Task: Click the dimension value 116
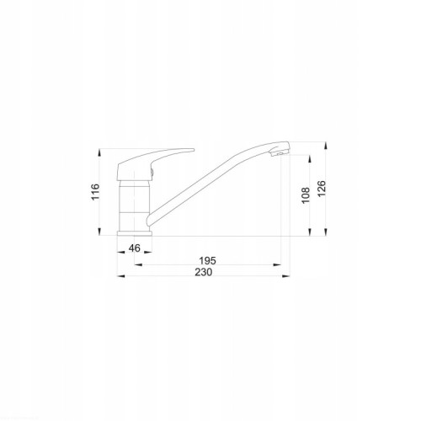click(x=96, y=192)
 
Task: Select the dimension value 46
click(x=135, y=248)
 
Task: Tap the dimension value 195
click(x=208, y=261)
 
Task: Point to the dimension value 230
click(x=204, y=272)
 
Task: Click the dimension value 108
click(x=306, y=195)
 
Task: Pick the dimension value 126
click(x=322, y=189)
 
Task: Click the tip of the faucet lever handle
click(x=194, y=150)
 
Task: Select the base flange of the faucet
click(x=135, y=233)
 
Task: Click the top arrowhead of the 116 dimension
click(x=99, y=152)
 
